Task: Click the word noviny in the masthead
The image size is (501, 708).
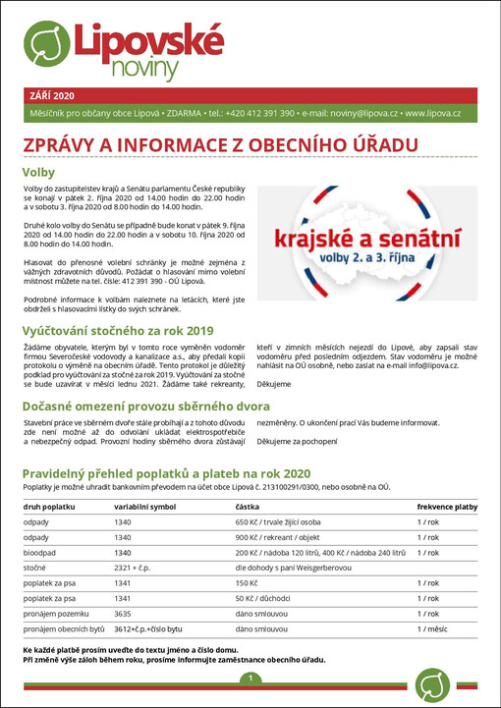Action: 144,67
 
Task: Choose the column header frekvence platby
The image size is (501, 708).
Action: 447,508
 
